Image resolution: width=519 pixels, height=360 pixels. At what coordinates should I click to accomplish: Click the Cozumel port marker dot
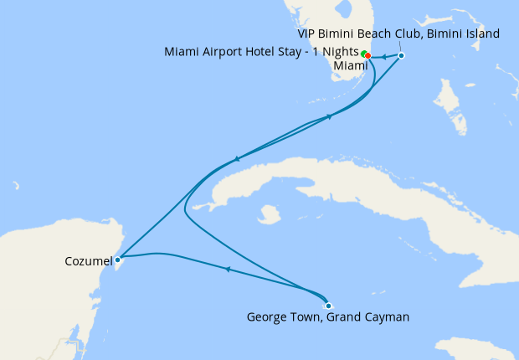coord(118,260)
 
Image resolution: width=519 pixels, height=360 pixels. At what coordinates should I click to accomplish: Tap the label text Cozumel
coord(88,262)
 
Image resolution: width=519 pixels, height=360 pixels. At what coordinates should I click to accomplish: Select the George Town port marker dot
coord(328,306)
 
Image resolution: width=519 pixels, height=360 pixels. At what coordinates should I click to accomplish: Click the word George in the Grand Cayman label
coord(268,317)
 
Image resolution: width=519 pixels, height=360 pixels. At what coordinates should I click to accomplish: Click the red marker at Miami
coord(368,56)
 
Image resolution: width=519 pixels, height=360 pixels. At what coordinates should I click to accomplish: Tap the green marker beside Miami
coord(363,54)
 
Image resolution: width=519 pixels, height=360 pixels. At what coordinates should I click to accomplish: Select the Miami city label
coord(350,65)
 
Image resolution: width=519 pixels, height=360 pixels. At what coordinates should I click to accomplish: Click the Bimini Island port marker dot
coord(401,56)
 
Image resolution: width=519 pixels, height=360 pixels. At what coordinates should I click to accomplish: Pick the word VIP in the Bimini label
coord(310,33)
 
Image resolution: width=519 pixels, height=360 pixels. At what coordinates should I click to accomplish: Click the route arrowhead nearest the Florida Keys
coord(330,116)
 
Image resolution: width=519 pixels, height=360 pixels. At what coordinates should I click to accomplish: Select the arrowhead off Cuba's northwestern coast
coord(238,159)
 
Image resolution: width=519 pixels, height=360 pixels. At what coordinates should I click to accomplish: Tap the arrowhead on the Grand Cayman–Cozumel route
coord(227,269)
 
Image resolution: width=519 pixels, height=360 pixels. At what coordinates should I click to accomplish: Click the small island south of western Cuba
coord(268,216)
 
